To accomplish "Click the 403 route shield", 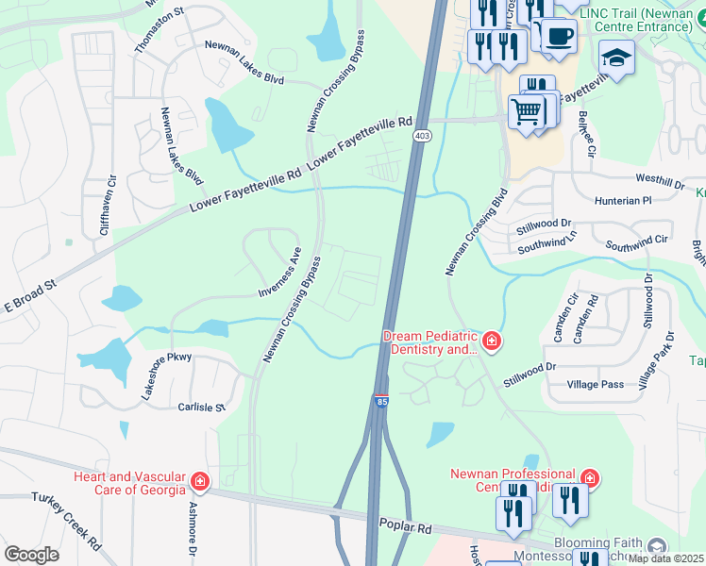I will coord(422,137).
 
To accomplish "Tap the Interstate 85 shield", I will coord(381,402).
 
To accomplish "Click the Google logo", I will coord(31,554).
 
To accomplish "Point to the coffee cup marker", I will coord(559,36).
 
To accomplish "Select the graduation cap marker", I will coord(616,58).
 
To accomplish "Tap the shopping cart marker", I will coord(527,112).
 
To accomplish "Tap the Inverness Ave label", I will coord(279,273).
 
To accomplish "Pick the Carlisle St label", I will coord(202,408).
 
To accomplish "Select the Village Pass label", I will coord(596,385).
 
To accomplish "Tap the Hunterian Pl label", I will coord(623,201).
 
